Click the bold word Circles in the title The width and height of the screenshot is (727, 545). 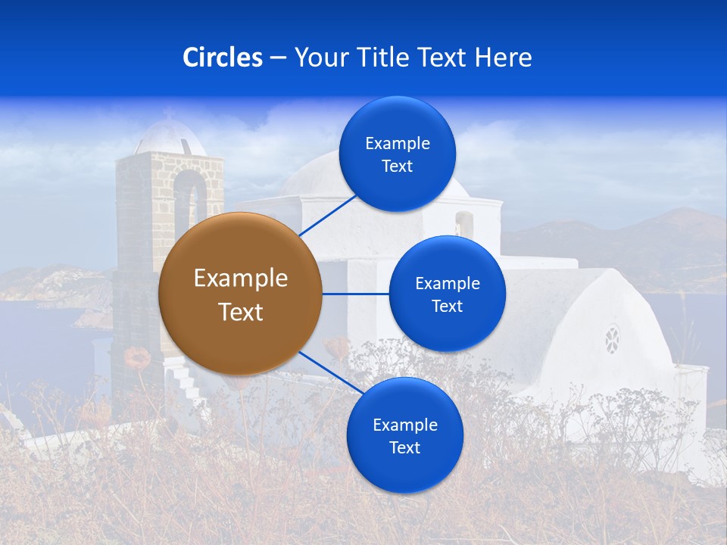pyautogui.click(x=223, y=58)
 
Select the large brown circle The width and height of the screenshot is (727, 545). pyautogui.click(x=240, y=294)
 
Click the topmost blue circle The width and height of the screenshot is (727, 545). pyautogui.click(x=397, y=154)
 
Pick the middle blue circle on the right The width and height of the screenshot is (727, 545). pyautogui.click(x=447, y=294)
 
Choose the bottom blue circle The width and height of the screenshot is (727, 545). pyautogui.click(x=404, y=435)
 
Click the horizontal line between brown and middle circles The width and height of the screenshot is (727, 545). pyautogui.click(x=355, y=294)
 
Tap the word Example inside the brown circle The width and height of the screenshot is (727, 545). pyautogui.click(x=241, y=279)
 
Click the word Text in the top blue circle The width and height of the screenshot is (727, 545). pyautogui.click(x=397, y=167)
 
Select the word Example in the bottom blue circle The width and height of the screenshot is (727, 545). pyautogui.click(x=404, y=425)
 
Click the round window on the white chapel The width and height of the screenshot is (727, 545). pyautogui.click(x=612, y=339)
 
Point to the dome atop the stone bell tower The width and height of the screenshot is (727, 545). pyautogui.click(x=170, y=137)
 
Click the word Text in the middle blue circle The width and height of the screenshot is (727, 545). pyautogui.click(x=447, y=307)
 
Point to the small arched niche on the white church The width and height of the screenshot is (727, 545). pyautogui.click(x=463, y=223)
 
